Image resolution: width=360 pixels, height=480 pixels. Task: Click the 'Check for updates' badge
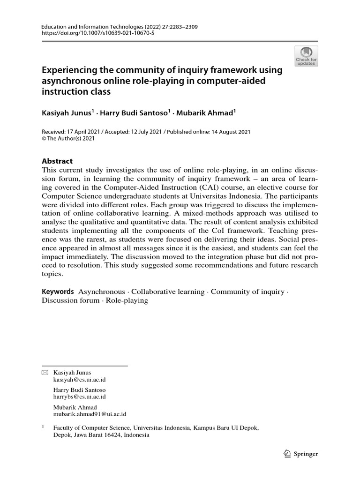tap(306, 56)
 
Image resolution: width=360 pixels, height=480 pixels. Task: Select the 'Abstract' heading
tap(58, 160)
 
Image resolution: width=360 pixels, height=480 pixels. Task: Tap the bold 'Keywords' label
tap(58, 292)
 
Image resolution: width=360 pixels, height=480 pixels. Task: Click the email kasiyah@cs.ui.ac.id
tap(80, 380)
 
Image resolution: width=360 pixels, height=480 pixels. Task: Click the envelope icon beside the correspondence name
tap(45, 373)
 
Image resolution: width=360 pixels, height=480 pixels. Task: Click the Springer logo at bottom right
tap(301, 454)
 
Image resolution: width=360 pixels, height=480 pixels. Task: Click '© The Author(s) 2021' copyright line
tap(68, 139)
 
